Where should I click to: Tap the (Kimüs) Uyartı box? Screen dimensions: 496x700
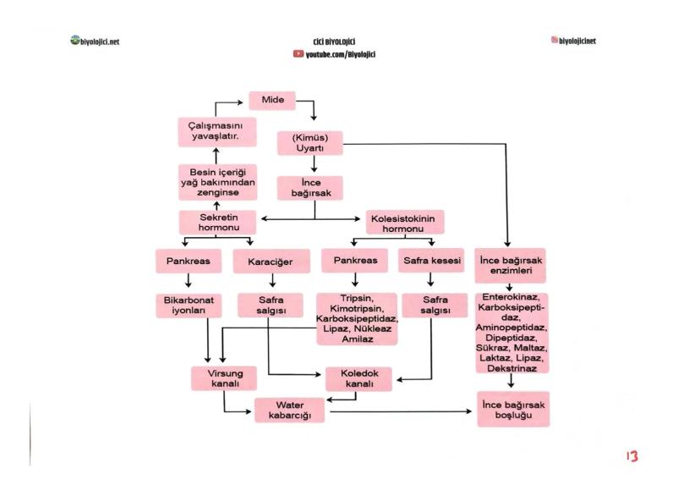pos(310,141)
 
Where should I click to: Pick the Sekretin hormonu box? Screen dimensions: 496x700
pos(216,222)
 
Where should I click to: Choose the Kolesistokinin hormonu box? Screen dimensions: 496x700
pos(406,223)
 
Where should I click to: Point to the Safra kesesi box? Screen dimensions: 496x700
pos(431,261)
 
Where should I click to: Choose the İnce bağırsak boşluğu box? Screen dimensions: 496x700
pos(513,410)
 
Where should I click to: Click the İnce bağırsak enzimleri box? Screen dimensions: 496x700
pos(513,266)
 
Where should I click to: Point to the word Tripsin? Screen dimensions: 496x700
pos(356,299)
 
